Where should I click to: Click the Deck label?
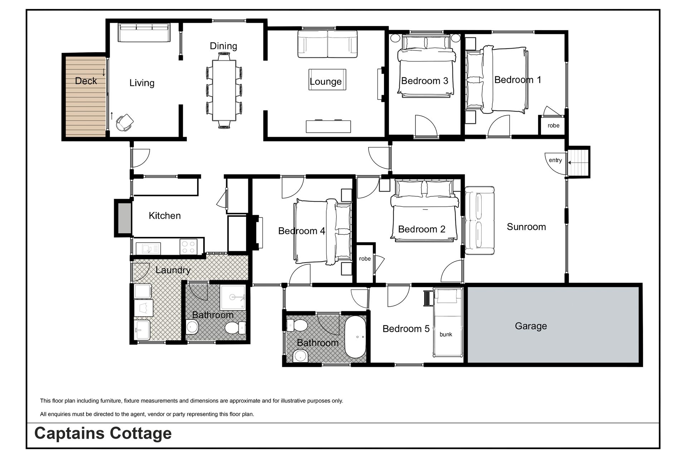(x=86, y=81)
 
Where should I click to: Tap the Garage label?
(x=531, y=326)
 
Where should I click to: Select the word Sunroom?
(x=526, y=227)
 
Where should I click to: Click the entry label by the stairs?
(x=555, y=160)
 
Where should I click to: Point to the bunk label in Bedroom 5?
(x=446, y=334)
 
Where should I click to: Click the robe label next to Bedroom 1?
(x=554, y=126)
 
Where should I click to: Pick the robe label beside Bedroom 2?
(x=365, y=259)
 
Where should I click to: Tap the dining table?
(x=224, y=91)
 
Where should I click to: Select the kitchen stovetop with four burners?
(x=189, y=247)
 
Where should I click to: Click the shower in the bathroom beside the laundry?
(x=233, y=297)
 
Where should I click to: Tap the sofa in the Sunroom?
(x=479, y=220)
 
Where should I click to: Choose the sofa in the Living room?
(x=144, y=32)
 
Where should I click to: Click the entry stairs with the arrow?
(x=578, y=162)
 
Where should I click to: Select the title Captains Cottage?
(x=103, y=433)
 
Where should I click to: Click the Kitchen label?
(x=165, y=216)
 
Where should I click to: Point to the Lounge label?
(x=326, y=82)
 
